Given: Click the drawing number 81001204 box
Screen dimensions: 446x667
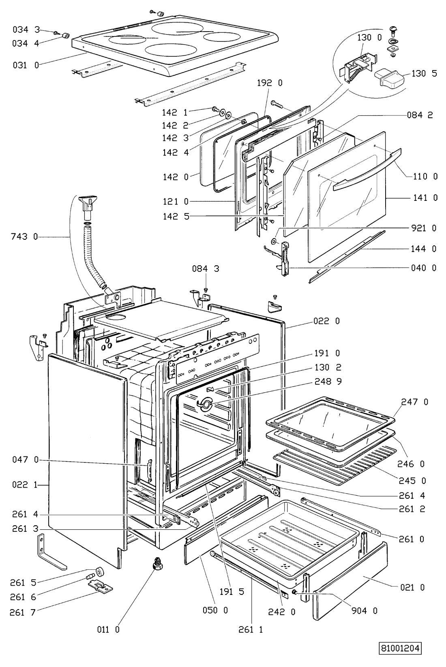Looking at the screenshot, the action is point(401,648).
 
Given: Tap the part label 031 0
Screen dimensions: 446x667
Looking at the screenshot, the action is point(26,65).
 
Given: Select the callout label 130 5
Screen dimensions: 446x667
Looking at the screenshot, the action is point(424,73).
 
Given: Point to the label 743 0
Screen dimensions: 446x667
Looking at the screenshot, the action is point(24,237).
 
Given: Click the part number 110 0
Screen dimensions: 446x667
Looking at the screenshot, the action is point(425,177).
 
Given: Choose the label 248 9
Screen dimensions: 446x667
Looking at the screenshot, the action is point(328,381).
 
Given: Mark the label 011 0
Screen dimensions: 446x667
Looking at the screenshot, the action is point(108,629).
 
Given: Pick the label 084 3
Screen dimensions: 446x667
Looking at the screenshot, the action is point(206,269).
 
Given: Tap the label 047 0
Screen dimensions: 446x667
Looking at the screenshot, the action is point(26,460).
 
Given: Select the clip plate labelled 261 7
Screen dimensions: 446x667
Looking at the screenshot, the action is point(100,587).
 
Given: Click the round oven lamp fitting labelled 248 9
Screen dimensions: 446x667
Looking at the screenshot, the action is point(204,404).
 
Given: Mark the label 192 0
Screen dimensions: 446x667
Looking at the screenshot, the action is point(270,83).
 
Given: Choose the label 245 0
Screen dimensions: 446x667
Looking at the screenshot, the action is point(412,481).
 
